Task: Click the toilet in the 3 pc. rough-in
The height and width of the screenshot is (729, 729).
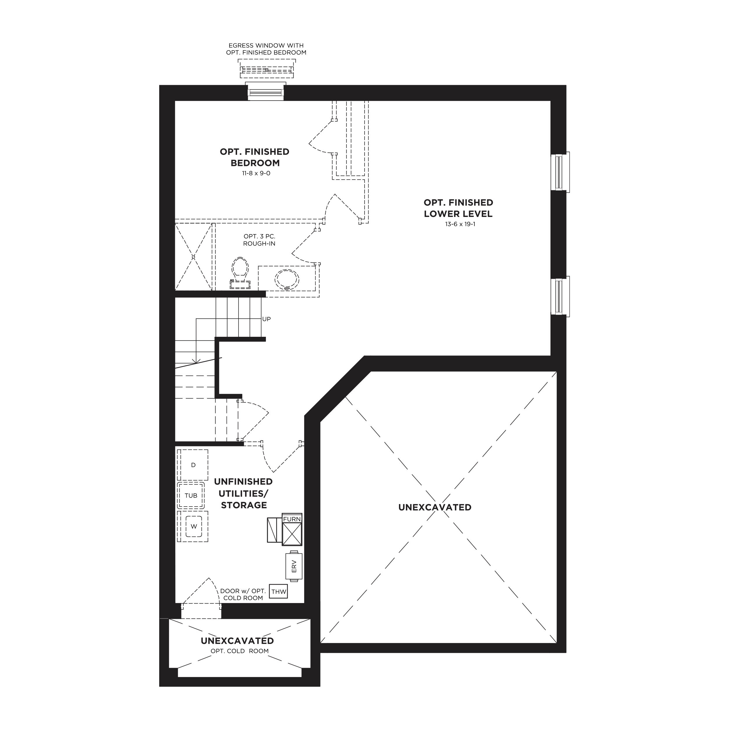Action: (240, 273)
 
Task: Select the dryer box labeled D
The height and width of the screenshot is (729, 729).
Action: (193, 465)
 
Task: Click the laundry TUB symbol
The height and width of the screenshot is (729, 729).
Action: (191, 495)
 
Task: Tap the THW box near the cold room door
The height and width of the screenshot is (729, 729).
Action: (279, 592)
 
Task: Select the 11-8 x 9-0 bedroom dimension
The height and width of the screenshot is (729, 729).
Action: (256, 174)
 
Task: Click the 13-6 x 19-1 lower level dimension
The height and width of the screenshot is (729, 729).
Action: (460, 224)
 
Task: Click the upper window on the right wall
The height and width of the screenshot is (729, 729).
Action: (560, 172)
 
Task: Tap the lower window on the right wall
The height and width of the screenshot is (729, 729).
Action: (560, 297)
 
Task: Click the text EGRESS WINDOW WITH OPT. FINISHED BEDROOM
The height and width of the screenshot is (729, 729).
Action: (267, 49)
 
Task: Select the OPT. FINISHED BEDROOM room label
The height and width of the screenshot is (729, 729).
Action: (255, 157)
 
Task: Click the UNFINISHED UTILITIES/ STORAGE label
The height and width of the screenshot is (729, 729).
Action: (243, 493)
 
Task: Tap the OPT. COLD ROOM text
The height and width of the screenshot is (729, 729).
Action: (240, 651)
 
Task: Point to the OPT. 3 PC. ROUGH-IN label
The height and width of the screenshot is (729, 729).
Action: (259, 240)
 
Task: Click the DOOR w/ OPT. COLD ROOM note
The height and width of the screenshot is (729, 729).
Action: (243, 595)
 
